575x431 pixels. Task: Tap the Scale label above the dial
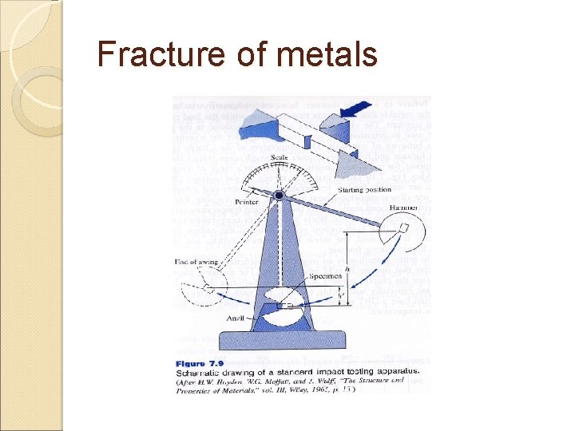[x=279, y=158]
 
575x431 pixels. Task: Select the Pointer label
[x=247, y=203]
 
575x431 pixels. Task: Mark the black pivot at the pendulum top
[x=279, y=195]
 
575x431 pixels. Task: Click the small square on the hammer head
[x=406, y=227]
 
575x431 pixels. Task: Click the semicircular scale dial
[x=279, y=180]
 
